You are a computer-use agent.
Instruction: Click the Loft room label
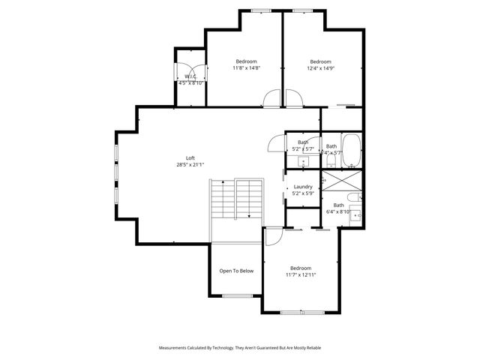pos(190,157)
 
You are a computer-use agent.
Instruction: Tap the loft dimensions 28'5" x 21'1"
pos(190,164)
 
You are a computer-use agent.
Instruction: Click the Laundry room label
pos(303,187)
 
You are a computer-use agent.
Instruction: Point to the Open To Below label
pos(236,271)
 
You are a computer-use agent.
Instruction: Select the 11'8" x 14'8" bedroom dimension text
pos(246,68)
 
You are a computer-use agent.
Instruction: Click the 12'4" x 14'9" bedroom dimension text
pos(321,68)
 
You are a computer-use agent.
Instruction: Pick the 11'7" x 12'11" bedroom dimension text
pos(301,274)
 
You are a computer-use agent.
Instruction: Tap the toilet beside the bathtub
pos(331,159)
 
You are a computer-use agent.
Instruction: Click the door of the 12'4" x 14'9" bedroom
pos(293,98)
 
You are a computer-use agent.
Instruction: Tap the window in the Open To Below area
pos(237,295)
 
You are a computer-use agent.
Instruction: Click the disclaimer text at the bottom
pos(240,348)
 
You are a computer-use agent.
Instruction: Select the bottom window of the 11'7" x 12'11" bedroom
pos(301,312)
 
